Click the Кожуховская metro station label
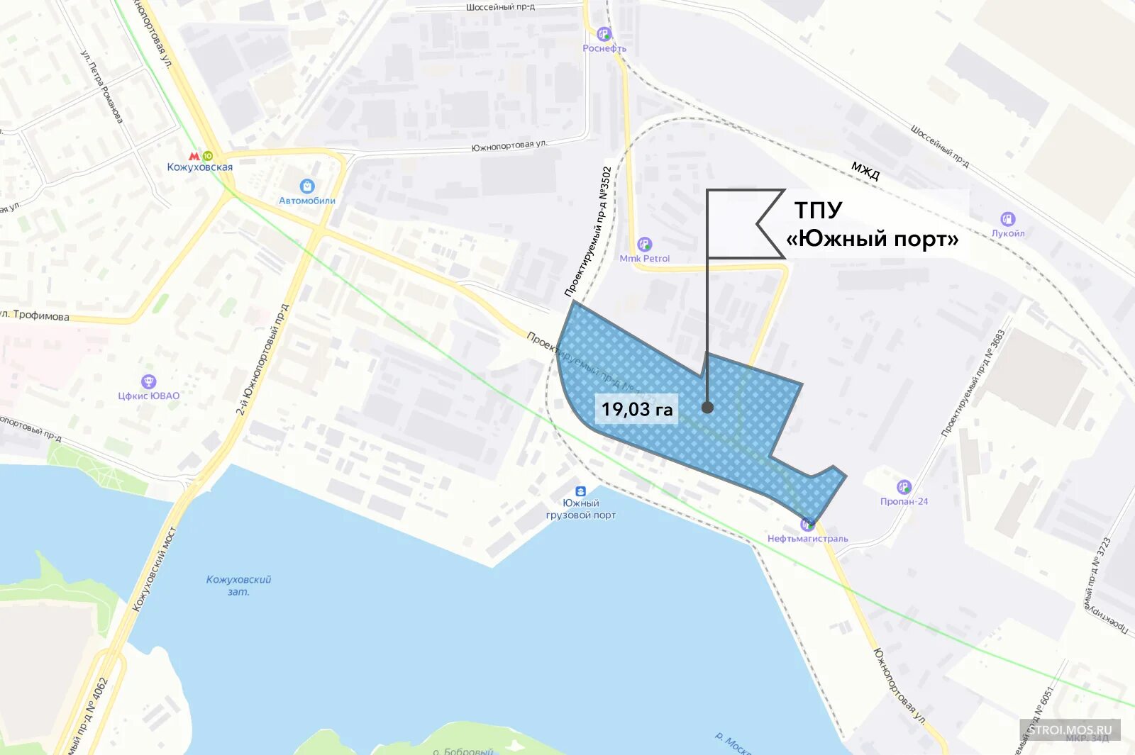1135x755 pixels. click(199, 167)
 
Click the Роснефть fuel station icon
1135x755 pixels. click(604, 34)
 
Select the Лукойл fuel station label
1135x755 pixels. click(1007, 233)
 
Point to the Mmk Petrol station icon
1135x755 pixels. click(644, 245)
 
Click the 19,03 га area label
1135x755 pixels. click(636, 409)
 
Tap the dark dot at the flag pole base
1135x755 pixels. click(707, 408)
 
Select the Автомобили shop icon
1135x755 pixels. click(307, 186)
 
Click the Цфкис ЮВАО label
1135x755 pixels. click(149, 396)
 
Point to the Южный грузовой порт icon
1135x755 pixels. click(580, 491)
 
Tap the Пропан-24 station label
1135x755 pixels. click(904, 501)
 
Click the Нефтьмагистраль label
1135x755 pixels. click(807, 539)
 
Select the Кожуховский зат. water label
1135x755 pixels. click(238, 586)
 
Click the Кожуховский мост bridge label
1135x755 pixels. click(155, 569)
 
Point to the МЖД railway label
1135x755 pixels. click(865, 171)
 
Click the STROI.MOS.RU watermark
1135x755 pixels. click(1070, 729)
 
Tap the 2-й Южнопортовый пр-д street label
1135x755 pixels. click(262, 360)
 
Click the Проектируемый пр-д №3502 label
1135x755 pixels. click(588, 231)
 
